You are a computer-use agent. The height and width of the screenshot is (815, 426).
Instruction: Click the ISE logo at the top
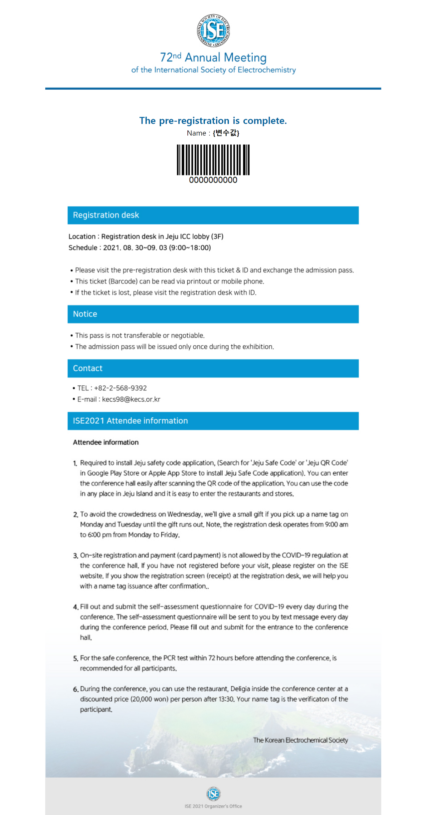pyautogui.click(x=213, y=30)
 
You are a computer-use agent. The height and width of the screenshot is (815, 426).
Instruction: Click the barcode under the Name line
pyautogui.click(x=213, y=160)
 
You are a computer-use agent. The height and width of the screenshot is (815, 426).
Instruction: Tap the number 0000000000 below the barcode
pyautogui.click(x=213, y=180)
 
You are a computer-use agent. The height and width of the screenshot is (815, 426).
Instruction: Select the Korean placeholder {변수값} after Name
pyautogui.click(x=226, y=133)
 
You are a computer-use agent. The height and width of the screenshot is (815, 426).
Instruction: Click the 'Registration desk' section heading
pyautogui.click(x=106, y=215)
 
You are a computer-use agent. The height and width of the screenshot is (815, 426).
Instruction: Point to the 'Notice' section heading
pyautogui.click(x=85, y=314)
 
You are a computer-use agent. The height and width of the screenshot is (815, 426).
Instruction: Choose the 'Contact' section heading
pyautogui.click(x=88, y=368)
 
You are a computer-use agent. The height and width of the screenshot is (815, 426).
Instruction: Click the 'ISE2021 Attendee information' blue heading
pyautogui.click(x=130, y=421)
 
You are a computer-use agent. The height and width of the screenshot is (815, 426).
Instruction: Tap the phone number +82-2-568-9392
pyautogui.click(x=120, y=388)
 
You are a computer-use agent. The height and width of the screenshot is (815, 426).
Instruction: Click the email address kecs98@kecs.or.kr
pyautogui.click(x=131, y=399)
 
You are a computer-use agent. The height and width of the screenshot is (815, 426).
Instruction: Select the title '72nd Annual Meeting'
pyautogui.click(x=213, y=58)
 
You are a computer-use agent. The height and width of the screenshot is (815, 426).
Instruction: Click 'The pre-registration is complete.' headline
pyautogui.click(x=213, y=121)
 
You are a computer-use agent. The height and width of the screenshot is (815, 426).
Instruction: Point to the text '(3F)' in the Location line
pyautogui.click(x=217, y=236)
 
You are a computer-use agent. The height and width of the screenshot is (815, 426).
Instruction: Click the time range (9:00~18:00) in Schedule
pyautogui.click(x=190, y=248)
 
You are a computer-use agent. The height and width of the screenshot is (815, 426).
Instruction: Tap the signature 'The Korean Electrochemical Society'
pyautogui.click(x=300, y=740)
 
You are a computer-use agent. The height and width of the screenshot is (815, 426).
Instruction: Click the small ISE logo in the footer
pyautogui.click(x=213, y=794)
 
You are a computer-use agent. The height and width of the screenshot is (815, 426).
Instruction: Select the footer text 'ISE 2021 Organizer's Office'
pyautogui.click(x=213, y=806)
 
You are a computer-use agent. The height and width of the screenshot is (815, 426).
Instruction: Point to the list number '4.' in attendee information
pyautogui.click(x=76, y=607)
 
